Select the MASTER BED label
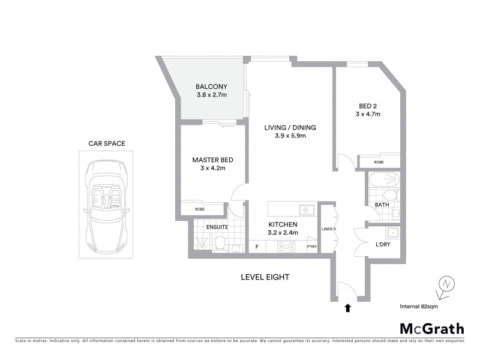tap(212, 160)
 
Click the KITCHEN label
tap(283, 224)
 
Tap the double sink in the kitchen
tap(307, 209)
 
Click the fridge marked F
tap(257, 246)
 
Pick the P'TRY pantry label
tap(311, 247)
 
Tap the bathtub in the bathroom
tap(382, 179)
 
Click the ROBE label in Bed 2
tap(379, 162)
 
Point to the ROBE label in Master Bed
tap(199, 209)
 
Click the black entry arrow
tap(347, 308)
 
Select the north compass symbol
tap(445, 286)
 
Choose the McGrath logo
tap(431, 328)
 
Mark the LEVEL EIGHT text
tap(265, 277)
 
